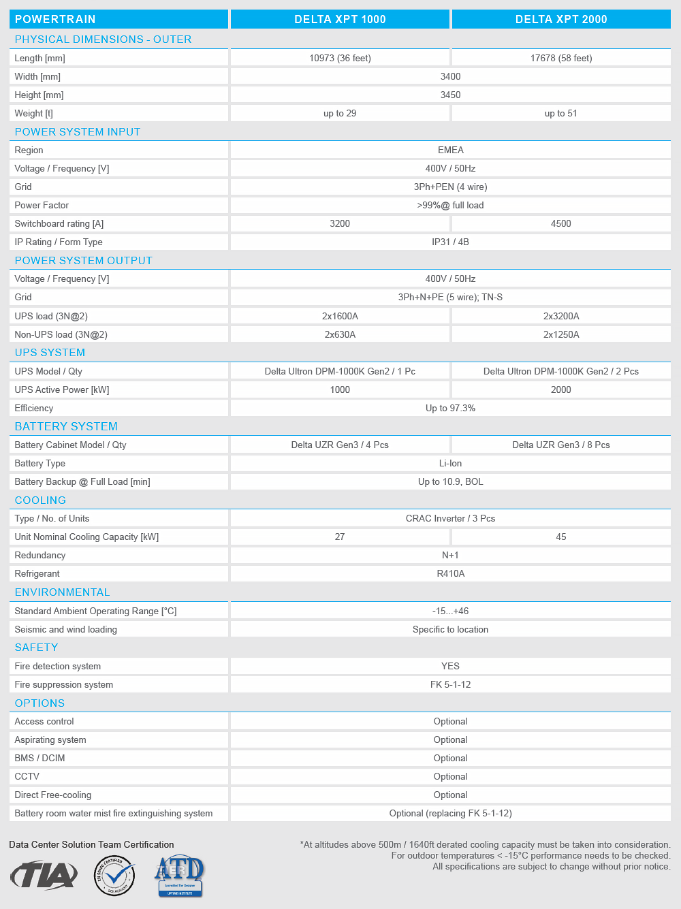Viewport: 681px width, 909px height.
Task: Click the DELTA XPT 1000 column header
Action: point(340,19)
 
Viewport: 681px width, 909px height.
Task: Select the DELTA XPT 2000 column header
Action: point(560,19)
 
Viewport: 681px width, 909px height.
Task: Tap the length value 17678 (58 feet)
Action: point(560,58)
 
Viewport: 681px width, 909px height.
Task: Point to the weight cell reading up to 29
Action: point(340,113)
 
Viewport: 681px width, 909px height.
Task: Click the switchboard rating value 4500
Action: point(560,223)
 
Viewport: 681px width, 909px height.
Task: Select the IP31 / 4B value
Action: point(450,242)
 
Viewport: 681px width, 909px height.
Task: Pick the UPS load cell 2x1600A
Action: point(340,316)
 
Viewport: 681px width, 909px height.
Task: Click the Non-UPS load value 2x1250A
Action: point(560,334)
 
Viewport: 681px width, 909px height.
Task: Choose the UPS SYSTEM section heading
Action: point(50,353)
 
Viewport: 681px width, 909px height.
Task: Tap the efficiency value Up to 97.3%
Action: point(450,408)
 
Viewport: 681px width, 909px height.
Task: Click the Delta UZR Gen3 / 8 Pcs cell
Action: point(560,445)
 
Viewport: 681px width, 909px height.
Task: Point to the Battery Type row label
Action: point(40,463)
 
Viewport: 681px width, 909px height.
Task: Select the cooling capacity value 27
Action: point(340,537)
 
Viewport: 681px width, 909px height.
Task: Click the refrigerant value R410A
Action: point(450,573)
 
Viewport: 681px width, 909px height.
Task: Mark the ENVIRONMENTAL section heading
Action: point(62,592)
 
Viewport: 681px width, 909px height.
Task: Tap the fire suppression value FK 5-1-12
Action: point(450,684)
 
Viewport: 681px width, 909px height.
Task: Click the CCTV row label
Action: point(27,776)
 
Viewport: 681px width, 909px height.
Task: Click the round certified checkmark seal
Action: point(114,876)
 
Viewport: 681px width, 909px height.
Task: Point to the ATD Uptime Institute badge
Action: point(180,876)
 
